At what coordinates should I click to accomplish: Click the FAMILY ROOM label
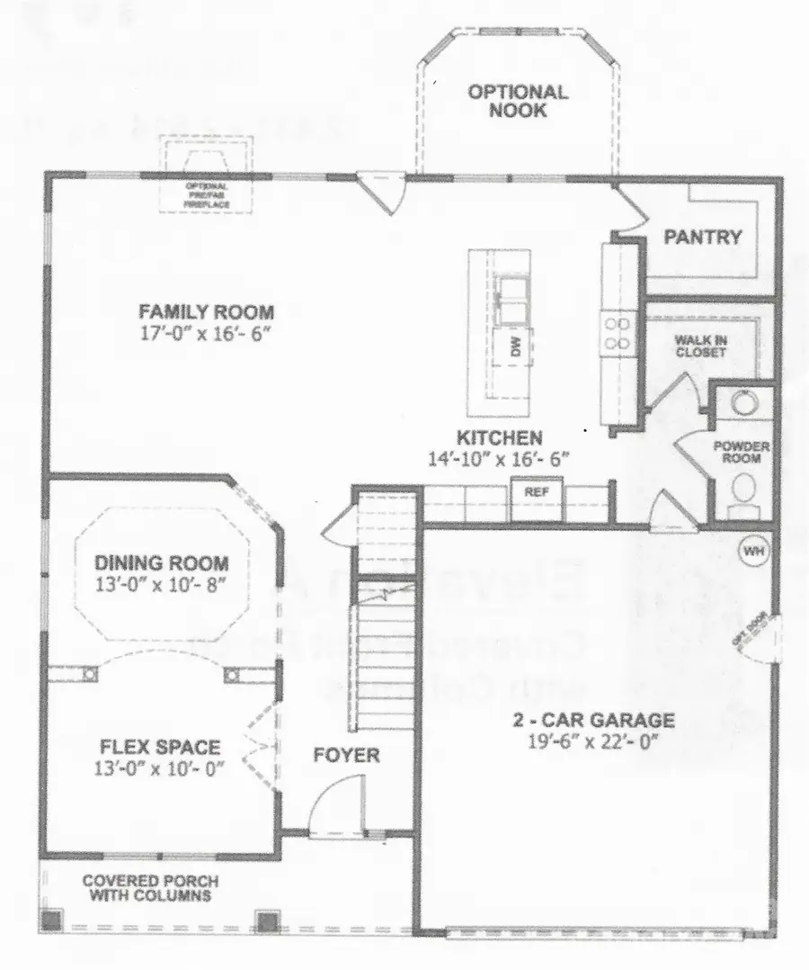click(206, 312)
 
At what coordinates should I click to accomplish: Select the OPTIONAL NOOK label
click(518, 101)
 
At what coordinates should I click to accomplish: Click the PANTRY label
click(703, 238)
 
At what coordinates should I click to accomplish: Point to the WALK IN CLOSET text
click(700, 346)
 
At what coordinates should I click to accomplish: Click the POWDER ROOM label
click(737, 452)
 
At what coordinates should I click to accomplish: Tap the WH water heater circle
click(751, 547)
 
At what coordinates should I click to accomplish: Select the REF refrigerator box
click(537, 493)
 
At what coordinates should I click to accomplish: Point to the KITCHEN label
click(500, 438)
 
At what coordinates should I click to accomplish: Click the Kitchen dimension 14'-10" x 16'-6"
click(500, 458)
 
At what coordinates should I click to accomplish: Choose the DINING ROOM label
click(162, 564)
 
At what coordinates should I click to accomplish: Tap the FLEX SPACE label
click(160, 747)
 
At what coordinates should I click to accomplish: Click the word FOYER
click(346, 755)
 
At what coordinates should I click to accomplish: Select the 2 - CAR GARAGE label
click(594, 721)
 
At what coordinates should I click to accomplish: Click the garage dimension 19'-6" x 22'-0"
click(594, 741)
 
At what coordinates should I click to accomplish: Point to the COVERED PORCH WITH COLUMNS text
click(150, 888)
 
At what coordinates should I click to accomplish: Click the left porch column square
click(53, 921)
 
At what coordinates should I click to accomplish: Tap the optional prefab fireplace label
click(208, 196)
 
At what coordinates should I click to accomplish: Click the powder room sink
click(743, 404)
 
